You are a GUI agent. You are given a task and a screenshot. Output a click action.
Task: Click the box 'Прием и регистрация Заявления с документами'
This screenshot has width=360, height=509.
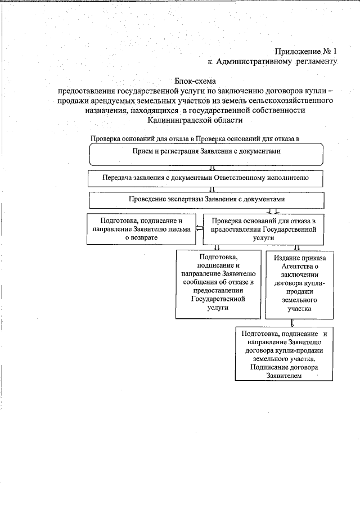pyautogui.click(x=206, y=153)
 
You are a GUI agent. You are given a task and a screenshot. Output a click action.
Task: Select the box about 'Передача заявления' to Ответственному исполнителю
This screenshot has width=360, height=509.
pyautogui.click(x=206, y=178)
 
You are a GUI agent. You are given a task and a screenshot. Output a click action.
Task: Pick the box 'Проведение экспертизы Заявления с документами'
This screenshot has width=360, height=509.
pyautogui.click(x=206, y=200)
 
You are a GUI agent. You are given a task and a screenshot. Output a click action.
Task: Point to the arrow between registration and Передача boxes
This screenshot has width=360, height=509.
pyautogui.click(x=212, y=168)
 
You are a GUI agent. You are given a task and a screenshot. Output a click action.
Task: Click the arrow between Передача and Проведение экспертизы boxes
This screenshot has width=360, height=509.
pyautogui.click(x=212, y=190)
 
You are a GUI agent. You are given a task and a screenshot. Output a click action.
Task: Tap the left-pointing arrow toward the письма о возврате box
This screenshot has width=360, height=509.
pyautogui.click(x=199, y=229)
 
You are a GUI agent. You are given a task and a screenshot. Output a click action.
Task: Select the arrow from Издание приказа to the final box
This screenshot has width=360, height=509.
pyautogui.click(x=292, y=323)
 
